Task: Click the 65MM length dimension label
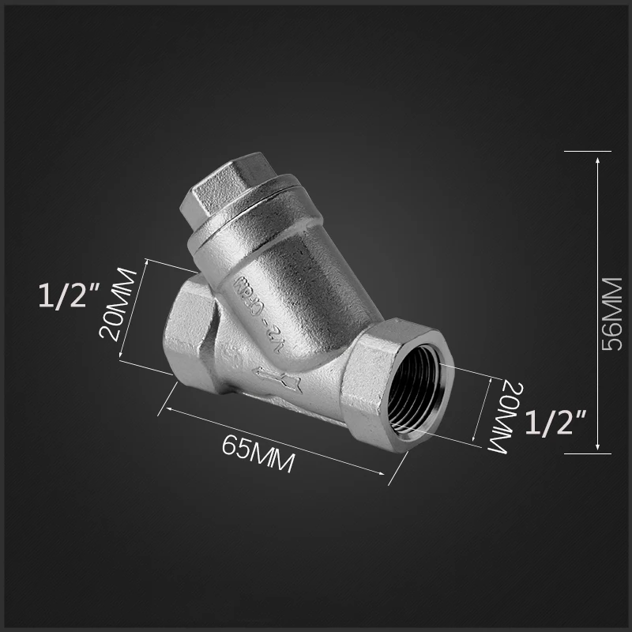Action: (x=258, y=454)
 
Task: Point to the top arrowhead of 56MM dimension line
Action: (x=598, y=158)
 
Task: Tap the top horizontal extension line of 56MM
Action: (x=589, y=150)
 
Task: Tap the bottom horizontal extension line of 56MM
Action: (x=589, y=454)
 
